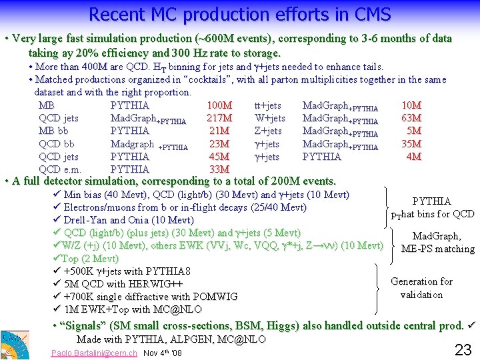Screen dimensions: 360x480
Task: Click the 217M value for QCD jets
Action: (x=219, y=118)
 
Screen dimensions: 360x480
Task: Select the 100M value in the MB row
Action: (x=219, y=105)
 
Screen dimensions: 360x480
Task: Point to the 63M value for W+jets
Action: (x=411, y=118)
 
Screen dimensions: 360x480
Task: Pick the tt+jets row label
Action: (x=267, y=105)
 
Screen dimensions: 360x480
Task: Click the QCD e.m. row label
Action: (x=60, y=169)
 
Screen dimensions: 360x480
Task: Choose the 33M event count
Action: (x=219, y=169)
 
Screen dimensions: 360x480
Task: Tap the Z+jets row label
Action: (x=268, y=131)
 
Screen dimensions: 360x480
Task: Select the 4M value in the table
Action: (x=413, y=157)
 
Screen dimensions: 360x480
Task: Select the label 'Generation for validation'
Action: (x=421, y=288)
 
